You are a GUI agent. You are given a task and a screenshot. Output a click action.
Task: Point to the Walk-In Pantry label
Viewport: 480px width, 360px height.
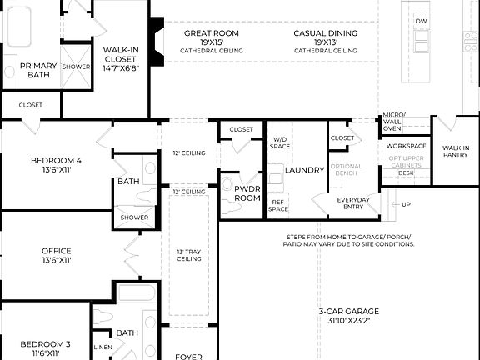coord(455,150)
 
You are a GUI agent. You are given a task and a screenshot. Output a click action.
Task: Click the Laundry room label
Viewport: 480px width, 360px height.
coord(304,170)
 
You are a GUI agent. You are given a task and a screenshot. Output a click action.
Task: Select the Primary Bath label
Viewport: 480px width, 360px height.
coord(38,70)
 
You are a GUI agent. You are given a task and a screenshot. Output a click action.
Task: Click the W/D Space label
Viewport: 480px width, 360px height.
coord(279,142)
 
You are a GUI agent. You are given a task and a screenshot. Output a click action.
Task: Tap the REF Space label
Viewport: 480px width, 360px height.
coord(278,205)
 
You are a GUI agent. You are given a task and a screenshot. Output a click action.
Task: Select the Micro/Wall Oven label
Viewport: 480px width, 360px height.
coord(392,122)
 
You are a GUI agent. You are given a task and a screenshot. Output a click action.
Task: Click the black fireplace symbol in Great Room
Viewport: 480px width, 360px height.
coord(155,34)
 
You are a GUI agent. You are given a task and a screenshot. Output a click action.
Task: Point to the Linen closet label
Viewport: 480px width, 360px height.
coord(103,347)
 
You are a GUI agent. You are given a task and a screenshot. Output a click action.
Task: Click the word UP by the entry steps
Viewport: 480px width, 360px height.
coord(406,204)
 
